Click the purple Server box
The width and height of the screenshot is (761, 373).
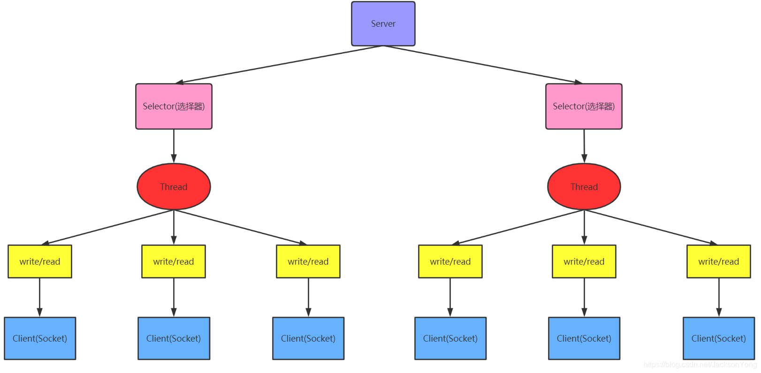(383, 23)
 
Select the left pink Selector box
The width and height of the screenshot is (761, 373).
(174, 107)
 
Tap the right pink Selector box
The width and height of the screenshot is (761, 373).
(584, 107)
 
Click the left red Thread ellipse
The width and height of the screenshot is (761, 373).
(174, 187)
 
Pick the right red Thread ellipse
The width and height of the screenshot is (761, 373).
(584, 187)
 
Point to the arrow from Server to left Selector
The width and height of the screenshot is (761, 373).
(279, 65)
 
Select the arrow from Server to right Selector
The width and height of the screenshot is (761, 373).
(483, 65)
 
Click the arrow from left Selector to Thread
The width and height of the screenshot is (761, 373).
(174, 146)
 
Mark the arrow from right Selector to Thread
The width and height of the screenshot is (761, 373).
(584, 146)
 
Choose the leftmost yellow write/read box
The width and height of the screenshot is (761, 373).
(40, 262)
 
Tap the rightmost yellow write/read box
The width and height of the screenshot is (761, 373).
(718, 262)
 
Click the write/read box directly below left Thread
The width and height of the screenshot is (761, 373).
(174, 262)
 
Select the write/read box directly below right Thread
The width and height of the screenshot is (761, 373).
(584, 262)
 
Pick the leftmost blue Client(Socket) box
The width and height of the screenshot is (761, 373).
(40, 338)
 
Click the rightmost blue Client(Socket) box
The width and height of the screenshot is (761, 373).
(719, 338)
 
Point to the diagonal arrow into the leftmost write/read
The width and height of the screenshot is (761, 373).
(108, 227)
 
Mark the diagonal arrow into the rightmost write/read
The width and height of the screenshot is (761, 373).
(651, 227)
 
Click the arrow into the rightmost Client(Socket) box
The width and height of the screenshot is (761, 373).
(719, 297)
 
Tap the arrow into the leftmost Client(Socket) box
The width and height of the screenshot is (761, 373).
(40, 297)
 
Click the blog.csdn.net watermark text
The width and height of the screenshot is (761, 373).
(700, 365)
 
